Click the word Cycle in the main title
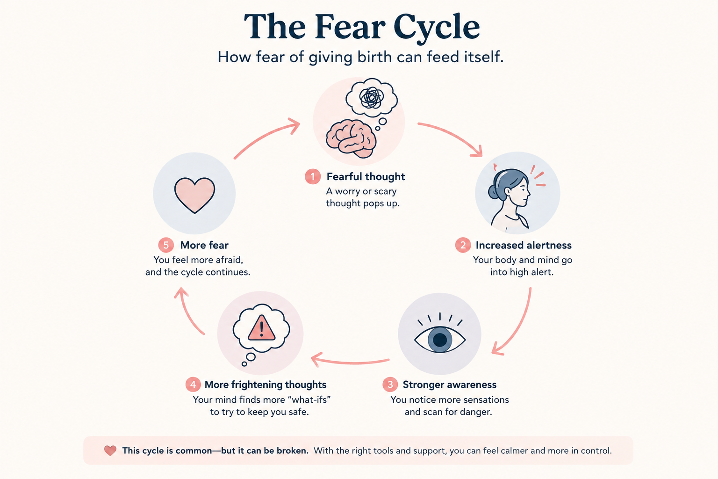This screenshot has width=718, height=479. click(x=437, y=28)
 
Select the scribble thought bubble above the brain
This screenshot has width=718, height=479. click(x=372, y=97)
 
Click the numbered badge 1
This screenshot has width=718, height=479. click(x=313, y=176)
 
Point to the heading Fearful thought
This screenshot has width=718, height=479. click(x=366, y=176)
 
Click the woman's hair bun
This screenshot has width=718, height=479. click(x=493, y=191)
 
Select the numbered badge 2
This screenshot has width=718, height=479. click(x=463, y=245)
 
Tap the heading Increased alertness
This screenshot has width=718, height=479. click(x=524, y=245)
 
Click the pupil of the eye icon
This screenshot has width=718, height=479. click(x=440, y=340)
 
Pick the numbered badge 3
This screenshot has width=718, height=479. click(x=390, y=385)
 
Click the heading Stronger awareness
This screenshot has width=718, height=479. click(x=449, y=385)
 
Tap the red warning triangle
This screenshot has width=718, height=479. click(x=262, y=328)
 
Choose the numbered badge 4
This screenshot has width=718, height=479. click(x=193, y=385)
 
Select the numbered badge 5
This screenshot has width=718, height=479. click(x=166, y=245)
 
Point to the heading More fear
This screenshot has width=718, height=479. click(x=204, y=245)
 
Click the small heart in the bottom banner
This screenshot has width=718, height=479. click(x=110, y=451)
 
